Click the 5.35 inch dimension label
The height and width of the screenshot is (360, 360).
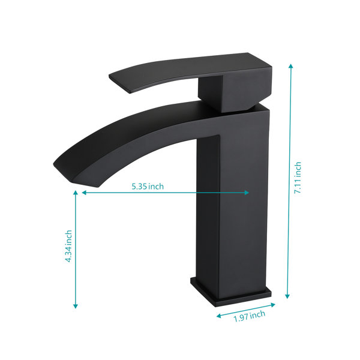coord(148,186)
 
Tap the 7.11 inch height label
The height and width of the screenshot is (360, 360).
coord(298,178)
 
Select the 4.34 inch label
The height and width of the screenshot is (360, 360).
coord(68,246)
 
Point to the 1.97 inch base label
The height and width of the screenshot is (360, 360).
coord(250,316)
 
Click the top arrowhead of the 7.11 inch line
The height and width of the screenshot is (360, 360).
coord(290,66)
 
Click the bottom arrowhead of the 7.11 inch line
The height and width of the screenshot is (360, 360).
coord(287,296)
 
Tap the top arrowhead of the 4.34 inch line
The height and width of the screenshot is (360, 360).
coord(76,193)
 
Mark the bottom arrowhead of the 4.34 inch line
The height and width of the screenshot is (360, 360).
coord(76,306)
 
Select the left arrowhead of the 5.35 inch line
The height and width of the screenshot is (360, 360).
coord(84,193)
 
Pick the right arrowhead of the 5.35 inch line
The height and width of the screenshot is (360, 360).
coord(247,193)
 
